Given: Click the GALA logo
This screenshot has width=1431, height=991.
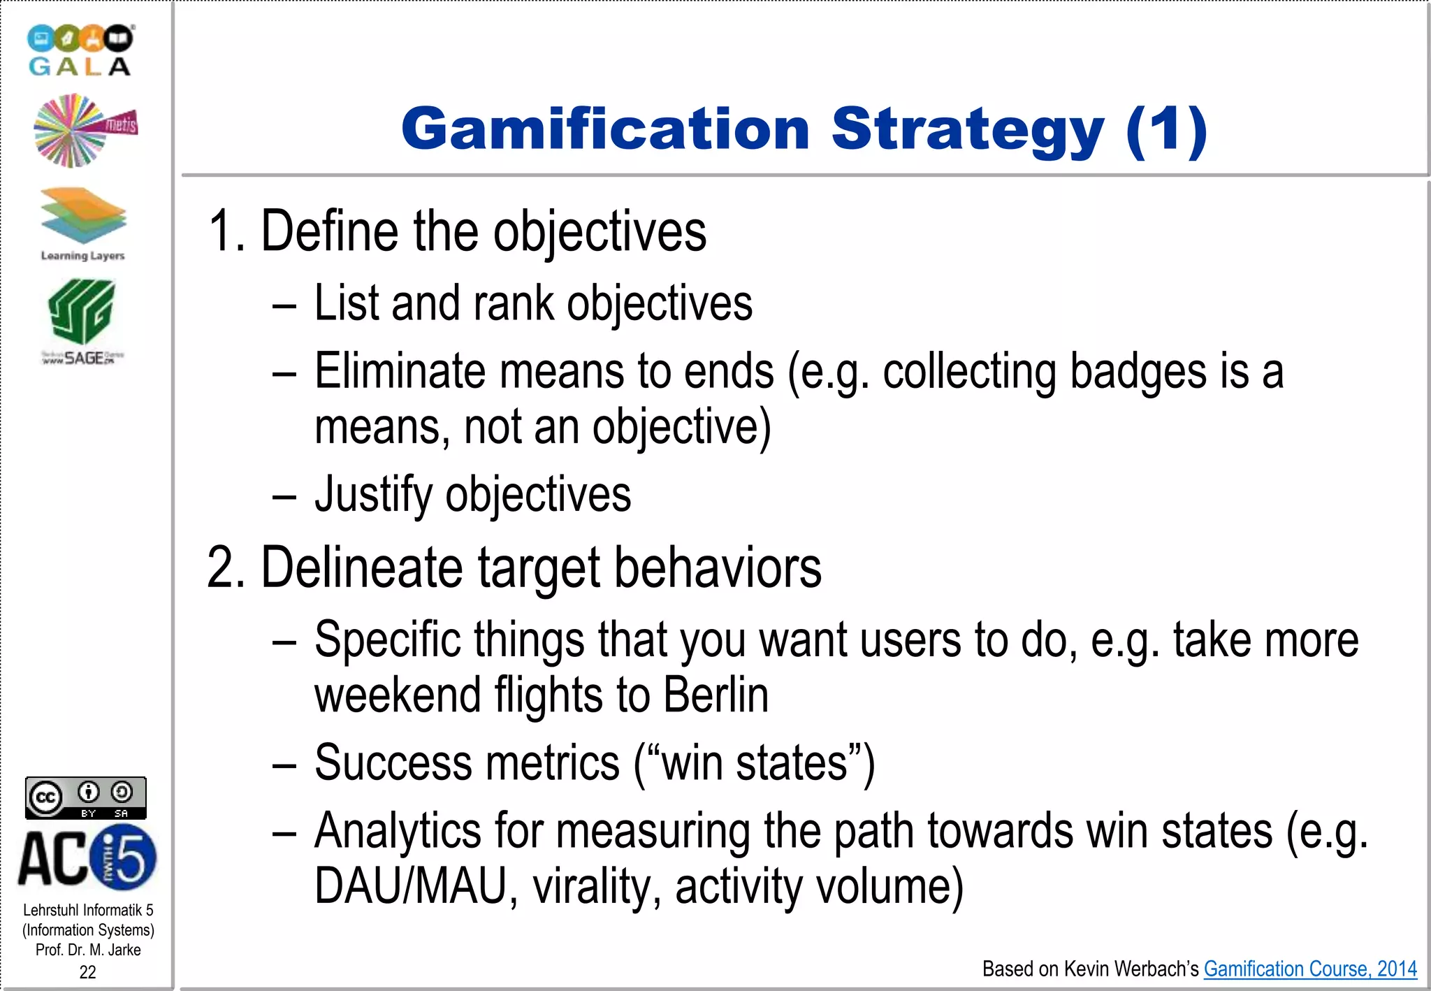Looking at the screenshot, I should tap(80, 50).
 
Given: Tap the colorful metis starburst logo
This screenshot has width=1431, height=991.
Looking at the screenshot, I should tap(85, 131).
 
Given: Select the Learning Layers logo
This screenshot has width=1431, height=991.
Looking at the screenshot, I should tap(83, 224).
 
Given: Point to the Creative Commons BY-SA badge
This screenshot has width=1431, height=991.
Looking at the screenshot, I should tap(86, 797).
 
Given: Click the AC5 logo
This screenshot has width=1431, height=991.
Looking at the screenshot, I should tap(87, 858).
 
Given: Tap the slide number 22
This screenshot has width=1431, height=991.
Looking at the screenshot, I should tap(88, 971).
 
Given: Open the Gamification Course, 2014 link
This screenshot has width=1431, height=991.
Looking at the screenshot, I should tap(1310, 969).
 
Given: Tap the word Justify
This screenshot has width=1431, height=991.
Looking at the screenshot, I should tap(373, 495).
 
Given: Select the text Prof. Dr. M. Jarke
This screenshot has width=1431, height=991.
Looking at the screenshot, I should tap(88, 950).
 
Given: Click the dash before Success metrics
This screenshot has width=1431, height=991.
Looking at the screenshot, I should tap(284, 765).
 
